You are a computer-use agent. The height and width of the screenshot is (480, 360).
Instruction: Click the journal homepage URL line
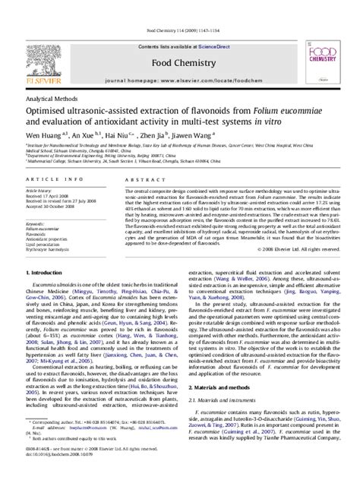179,58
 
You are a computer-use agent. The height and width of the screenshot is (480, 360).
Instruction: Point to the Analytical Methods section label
38,78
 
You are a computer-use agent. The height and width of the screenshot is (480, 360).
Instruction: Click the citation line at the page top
179,8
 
